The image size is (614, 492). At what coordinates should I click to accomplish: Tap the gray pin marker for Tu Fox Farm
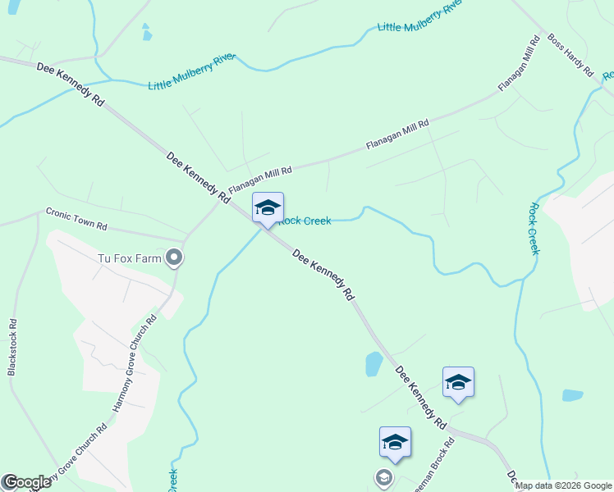click(174, 258)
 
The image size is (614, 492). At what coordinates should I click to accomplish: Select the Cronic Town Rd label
click(76, 219)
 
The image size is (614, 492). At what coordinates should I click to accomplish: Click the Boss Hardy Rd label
click(570, 56)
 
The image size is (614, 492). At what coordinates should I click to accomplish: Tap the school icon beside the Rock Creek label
click(268, 210)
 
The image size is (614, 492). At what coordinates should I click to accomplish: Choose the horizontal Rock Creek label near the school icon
click(305, 221)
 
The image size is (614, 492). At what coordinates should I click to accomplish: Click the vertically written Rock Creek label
click(534, 229)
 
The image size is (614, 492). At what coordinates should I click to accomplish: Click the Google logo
click(26, 482)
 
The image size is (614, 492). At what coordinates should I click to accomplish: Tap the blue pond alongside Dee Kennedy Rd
click(373, 364)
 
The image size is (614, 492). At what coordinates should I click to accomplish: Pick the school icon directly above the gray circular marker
click(395, 442)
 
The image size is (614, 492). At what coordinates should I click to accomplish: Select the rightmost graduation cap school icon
click(458, 382)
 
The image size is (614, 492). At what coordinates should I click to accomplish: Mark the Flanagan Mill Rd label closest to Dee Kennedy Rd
click(260, 180)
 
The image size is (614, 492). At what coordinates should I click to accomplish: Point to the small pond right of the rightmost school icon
click(572, 395)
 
